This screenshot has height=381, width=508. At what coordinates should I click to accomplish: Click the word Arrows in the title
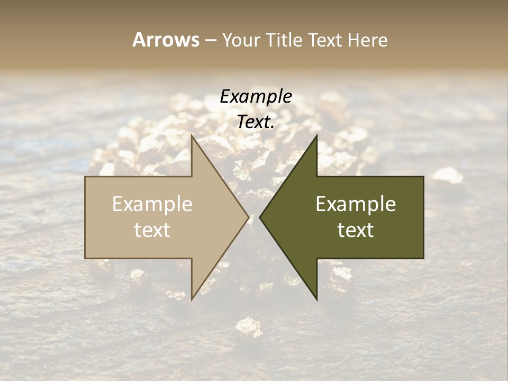[165, 40]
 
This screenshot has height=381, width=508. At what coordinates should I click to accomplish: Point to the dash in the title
[210, 40]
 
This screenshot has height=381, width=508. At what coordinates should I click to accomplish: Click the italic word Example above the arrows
[256, 96]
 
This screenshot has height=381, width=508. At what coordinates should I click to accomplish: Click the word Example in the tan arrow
[152, 204]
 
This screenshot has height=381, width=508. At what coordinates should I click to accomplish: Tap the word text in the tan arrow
[152, 230]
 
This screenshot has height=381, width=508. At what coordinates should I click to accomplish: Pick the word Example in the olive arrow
[356, 204]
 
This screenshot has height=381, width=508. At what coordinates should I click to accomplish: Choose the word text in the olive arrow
[356, 230]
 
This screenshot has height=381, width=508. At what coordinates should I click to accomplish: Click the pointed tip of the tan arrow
[248, 217]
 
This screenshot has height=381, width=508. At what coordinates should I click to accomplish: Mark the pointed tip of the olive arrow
[260, 217]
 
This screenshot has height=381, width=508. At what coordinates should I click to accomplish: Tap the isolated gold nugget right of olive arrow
[448, 175]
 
